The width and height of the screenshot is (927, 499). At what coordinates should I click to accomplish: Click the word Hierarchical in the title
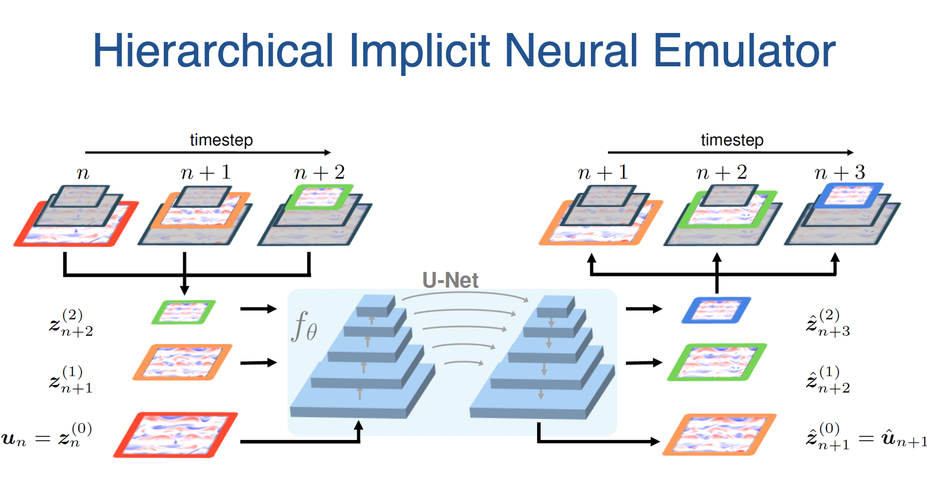tap(213, 50)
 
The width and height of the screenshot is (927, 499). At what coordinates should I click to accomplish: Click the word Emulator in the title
tap(745, 50)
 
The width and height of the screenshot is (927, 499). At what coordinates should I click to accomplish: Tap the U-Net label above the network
tap(450, 280)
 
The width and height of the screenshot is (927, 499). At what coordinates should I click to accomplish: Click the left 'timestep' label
tap(222, 140)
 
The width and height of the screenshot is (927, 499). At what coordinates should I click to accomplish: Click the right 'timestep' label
tap(732, 140)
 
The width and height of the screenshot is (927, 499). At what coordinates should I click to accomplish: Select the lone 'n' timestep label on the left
tap(83, 173)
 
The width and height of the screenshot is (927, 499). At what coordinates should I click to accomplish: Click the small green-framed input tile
tap(184, 312)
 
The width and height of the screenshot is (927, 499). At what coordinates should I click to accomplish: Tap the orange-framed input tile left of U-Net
tap(182, 362)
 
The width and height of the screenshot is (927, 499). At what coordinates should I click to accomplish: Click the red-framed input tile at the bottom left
tap(176, 435)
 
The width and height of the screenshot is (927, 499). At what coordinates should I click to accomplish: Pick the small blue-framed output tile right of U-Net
tap(716, 310)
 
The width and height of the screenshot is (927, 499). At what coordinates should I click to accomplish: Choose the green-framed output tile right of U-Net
tap(717, 362)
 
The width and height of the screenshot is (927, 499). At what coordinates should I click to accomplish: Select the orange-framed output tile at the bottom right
tap(719, 434)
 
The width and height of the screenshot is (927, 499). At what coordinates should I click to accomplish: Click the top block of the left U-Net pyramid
tap(376, 306)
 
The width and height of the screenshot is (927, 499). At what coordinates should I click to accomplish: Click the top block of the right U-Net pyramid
tap(556, 306)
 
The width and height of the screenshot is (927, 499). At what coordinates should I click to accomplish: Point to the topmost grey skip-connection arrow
tap(466, 295)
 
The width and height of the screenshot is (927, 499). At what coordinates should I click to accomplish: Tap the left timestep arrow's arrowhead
tap(328, 153)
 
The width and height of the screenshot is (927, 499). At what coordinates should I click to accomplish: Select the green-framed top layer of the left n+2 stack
tap(319, 197)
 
